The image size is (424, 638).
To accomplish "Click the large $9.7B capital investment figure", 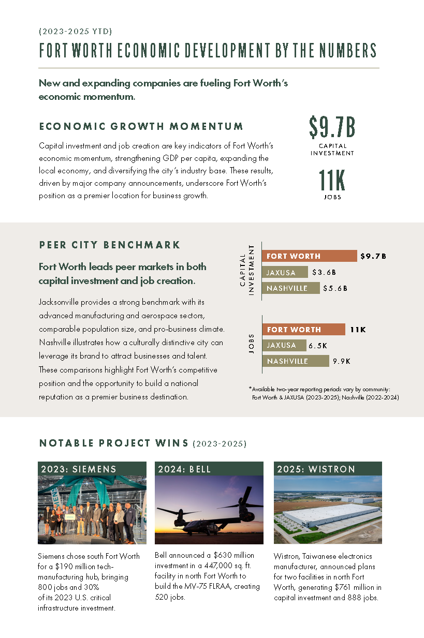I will [332, 128].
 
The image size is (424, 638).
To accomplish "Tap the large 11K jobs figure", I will [332, 181].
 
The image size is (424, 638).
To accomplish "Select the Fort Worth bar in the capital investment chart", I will [310, 256].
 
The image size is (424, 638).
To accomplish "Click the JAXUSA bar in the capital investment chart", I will [285, 272].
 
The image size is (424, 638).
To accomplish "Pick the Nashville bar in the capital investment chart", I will [291, 288].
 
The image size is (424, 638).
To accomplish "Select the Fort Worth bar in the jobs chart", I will [304, 330].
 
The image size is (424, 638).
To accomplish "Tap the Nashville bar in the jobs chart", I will [296, 361].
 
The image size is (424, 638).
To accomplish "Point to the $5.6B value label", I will [335, 288].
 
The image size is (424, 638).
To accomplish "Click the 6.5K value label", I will [318, 345].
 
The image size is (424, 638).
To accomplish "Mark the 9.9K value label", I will [342, 361].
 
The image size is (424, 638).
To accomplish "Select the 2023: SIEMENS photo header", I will [92, 469].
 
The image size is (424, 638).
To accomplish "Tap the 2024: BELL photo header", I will [209, 469].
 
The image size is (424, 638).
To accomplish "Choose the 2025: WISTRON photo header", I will [328, 469].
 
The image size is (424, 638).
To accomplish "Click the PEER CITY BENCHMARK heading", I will [110, 245].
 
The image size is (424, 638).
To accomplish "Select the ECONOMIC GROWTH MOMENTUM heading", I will [141, 126].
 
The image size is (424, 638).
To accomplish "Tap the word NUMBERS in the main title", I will [347, 51].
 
